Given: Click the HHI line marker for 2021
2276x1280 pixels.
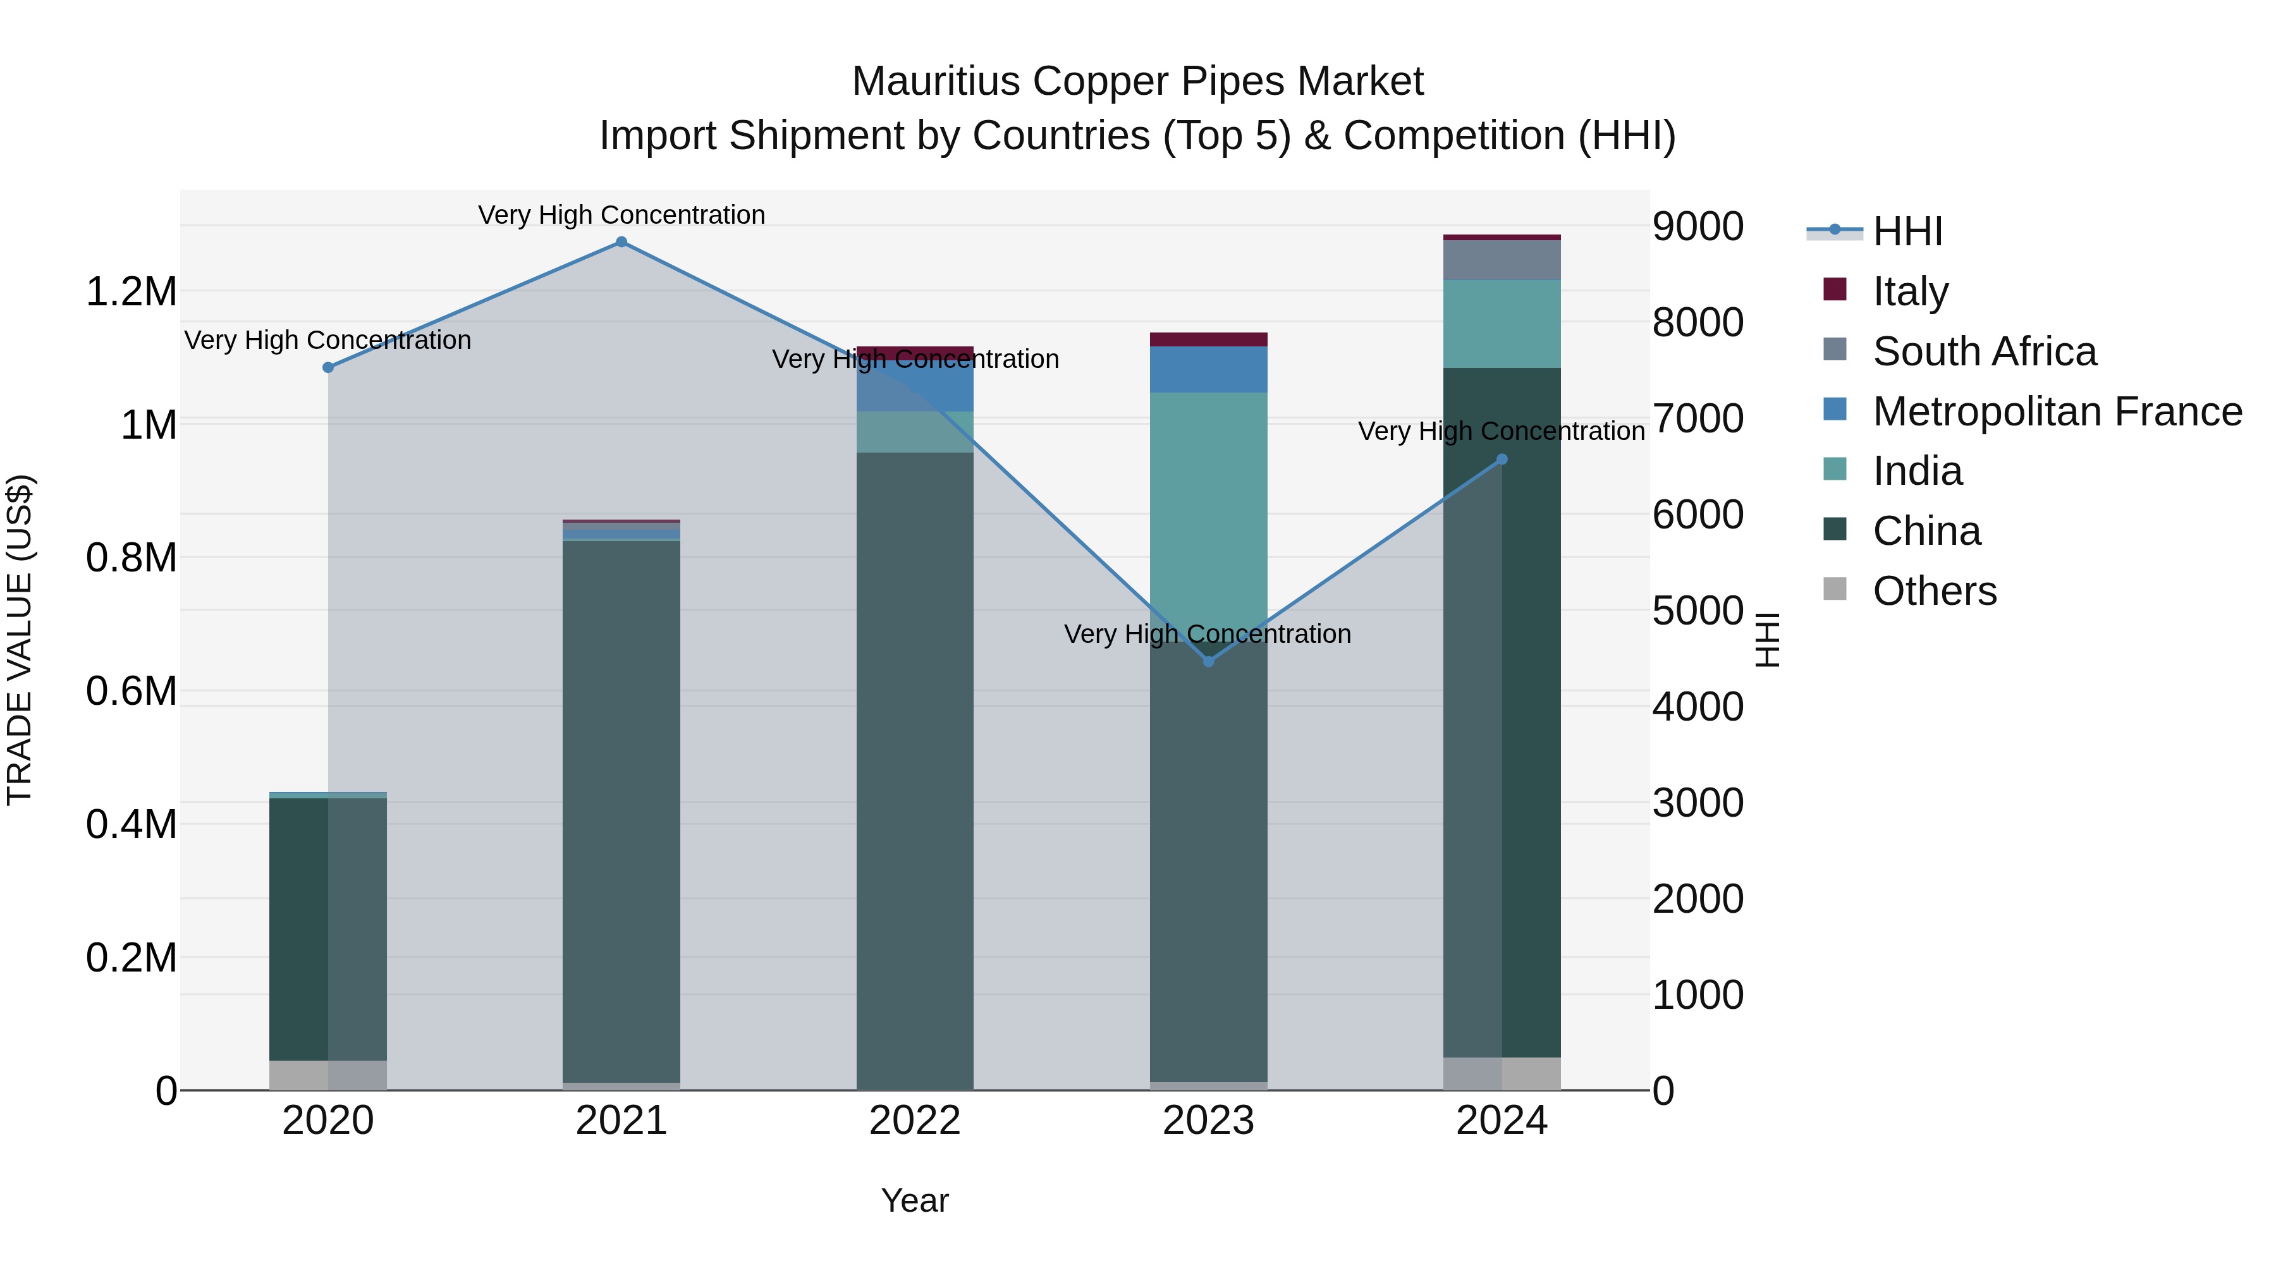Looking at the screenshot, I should [x=621, y=242].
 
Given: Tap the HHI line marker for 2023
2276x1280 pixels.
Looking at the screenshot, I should [x=1209, y=662].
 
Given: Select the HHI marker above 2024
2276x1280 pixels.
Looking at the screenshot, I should [x=1502, y=460].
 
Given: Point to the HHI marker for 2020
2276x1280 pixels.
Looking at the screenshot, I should [x=327, y=367].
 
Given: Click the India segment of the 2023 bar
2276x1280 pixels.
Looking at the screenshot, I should [x=1209, y=513].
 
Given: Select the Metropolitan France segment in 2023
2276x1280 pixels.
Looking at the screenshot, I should [x=1209, y=369].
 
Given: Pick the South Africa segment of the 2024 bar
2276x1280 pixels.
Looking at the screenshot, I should [x=1502, y=260].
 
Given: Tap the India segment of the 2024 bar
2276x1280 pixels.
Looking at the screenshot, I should [x=1502, y=323].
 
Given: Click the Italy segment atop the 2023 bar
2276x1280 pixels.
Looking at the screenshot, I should [x=1209, y=339].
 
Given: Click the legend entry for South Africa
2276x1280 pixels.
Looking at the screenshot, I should [x=1985, y=351].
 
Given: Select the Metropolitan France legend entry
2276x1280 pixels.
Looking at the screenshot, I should [x=2057, y=411].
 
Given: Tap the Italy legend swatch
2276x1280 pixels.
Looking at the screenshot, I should [x=1835, y=290].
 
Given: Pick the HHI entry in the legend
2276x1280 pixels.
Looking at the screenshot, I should [x=1907, y=231].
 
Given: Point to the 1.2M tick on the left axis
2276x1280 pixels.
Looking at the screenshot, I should [x=131, y=291].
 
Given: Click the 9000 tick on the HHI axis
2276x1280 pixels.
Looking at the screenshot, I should [x=1698, y=226].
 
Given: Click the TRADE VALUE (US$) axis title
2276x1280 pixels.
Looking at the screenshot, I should [x=20, y=640].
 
